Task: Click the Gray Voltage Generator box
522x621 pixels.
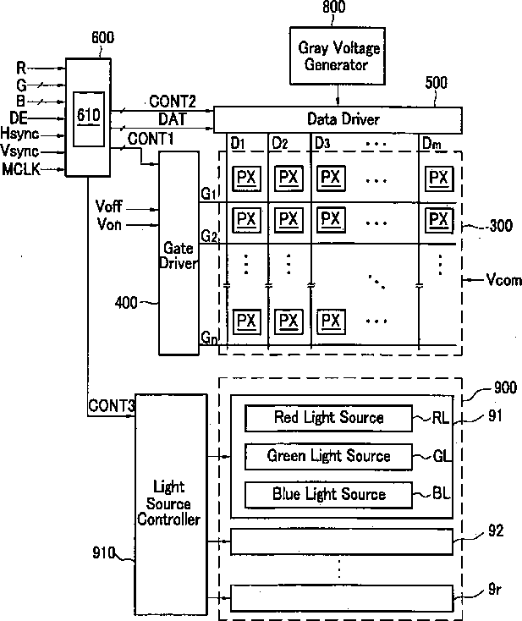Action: coord(338,56)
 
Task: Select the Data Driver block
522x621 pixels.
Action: coord(338,119)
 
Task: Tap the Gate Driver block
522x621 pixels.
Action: coord(179,253)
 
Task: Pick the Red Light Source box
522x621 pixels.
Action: coord(328,418)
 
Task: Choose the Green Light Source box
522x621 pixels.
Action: coord(328,456)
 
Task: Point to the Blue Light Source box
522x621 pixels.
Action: coord(328,495)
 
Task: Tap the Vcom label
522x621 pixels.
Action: coord(503,280)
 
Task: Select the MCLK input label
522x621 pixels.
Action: coord(21,169)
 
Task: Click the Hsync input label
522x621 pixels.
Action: coord(19,134)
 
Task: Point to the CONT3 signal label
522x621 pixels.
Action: coord(112,405)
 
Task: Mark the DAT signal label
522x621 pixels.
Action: coord(172,119)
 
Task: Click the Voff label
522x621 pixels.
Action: coord(109,206)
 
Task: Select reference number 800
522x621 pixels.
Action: coord(333,7)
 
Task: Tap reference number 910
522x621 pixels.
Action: coord(103,552)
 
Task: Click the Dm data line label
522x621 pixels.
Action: coord(431,143)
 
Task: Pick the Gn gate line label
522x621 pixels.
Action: coord(209,338)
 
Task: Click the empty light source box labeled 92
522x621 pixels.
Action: coord(342,541)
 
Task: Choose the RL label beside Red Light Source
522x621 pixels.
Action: coord(441,417)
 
